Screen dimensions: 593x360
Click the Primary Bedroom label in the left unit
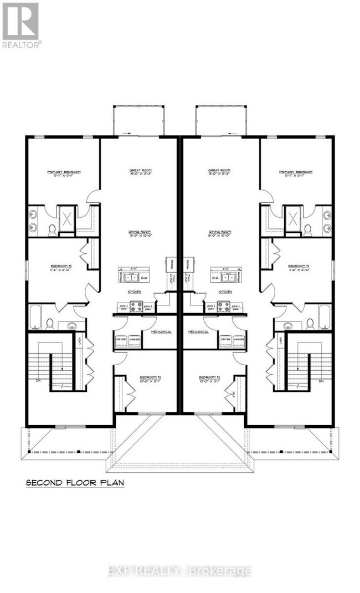pos(63,172)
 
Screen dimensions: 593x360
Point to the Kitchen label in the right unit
pos(225,291)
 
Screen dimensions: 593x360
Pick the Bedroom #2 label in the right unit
pos(299,266)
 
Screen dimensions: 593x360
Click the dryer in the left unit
pos(121,340)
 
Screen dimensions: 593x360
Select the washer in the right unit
pos(239,340)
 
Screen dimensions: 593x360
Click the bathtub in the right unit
pos(324,316)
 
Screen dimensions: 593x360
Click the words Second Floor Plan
pos(75,483)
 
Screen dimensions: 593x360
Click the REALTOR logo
pos(20,25)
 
